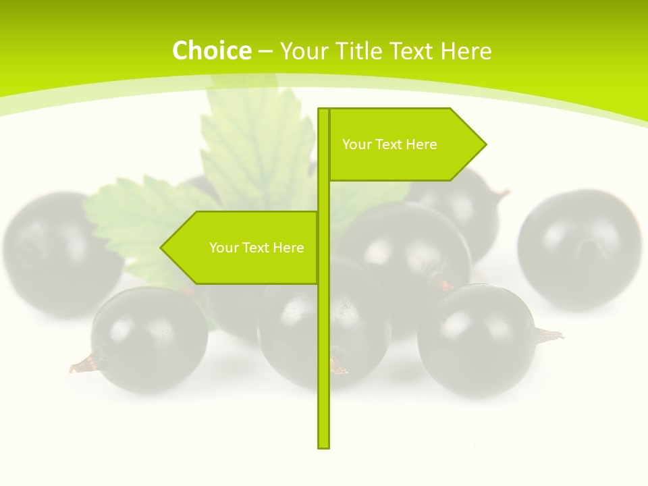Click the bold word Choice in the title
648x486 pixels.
[211, 51]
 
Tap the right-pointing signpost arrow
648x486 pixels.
[405, 144]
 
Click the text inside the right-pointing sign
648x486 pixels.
[389, 144]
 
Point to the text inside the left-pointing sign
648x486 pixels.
[256, 248]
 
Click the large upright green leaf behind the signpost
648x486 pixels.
[256, 145]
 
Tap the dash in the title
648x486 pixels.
[265, 51]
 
